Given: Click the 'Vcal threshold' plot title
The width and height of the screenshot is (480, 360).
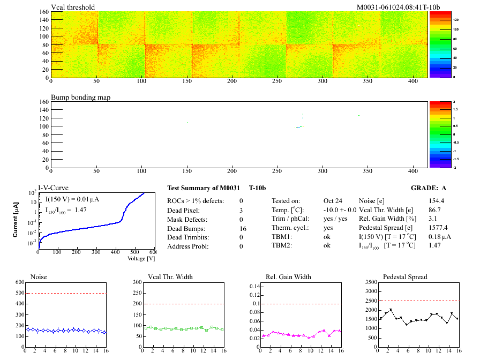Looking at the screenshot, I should (73, 7).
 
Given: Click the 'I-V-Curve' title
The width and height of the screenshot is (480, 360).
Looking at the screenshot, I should (52, 188).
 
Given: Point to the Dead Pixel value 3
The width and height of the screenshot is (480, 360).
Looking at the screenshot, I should (241, 210).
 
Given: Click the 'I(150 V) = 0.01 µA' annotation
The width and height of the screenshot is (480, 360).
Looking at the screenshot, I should (72, 199).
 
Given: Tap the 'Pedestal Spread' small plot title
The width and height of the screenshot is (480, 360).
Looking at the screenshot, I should (405, 277).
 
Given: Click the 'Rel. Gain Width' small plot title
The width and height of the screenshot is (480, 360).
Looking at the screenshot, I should (288, 277).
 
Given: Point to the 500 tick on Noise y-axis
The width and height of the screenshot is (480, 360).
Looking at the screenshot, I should (20, 293).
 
